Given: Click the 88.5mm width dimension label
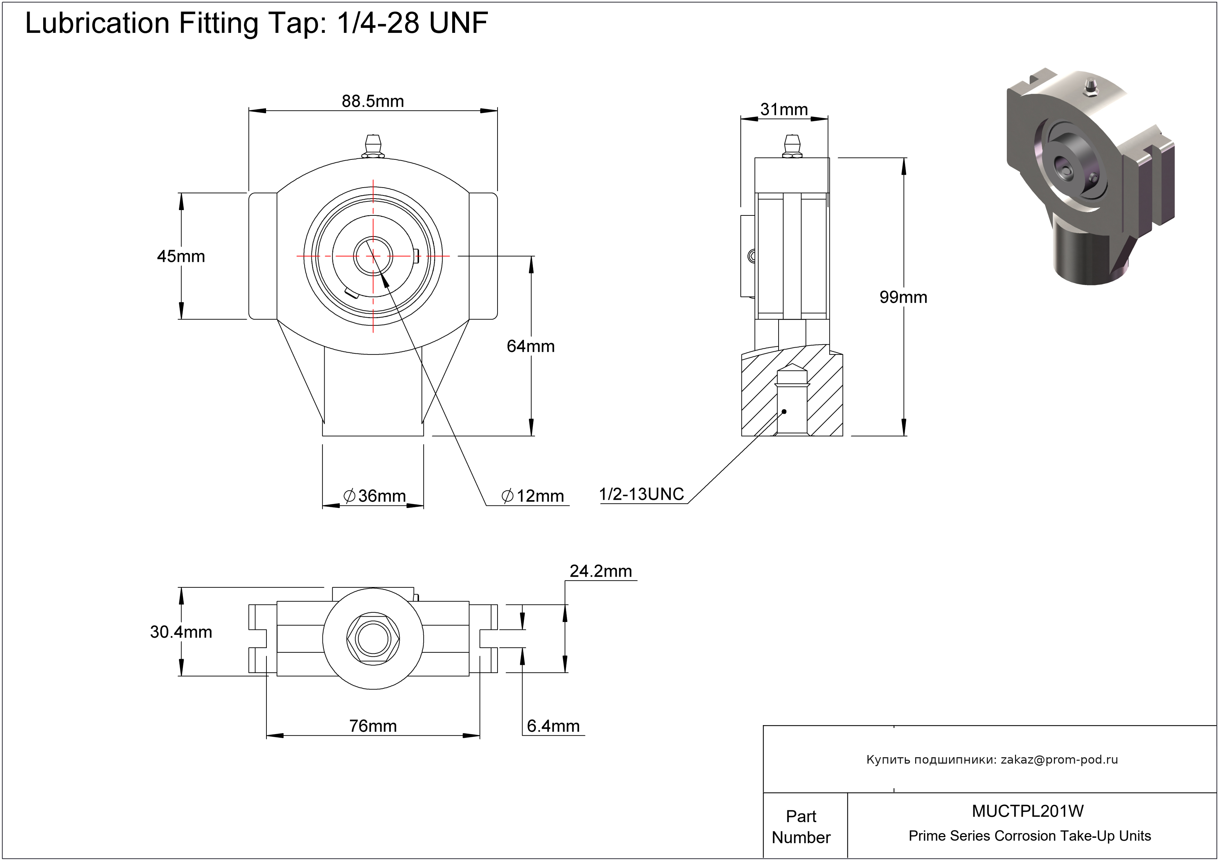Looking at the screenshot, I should (373, 101).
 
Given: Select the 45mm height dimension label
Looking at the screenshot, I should (181, 256).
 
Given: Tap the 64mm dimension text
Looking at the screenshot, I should (530, 346).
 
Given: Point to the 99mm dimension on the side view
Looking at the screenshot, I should (903, 297).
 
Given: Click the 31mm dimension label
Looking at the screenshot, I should (784, 109).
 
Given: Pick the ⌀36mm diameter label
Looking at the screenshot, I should (375, 496).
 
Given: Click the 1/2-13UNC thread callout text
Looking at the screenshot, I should (641, 494).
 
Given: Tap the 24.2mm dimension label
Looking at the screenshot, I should (601, 571).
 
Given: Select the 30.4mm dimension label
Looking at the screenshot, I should (181, 632).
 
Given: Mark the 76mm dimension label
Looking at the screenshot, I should (373, 725).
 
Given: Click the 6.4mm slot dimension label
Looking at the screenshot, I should (553, 725).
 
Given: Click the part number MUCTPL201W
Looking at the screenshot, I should (1028, 811).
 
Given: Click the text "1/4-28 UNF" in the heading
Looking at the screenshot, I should (412, 23).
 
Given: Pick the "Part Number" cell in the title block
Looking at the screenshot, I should (801, 826).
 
